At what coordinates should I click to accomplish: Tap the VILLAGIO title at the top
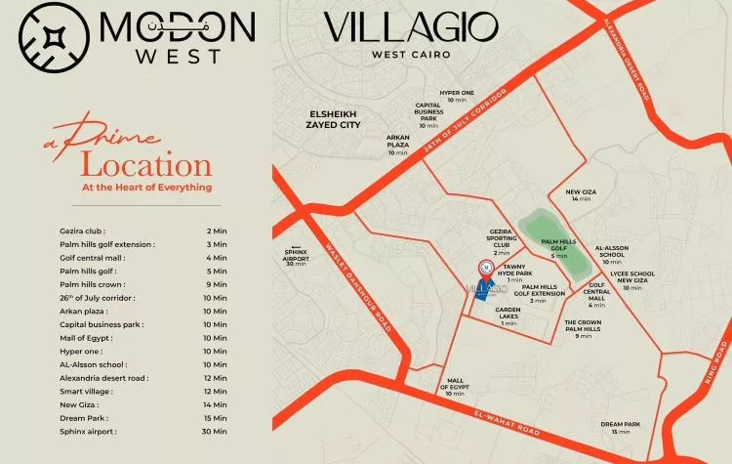click(x=410, y=26)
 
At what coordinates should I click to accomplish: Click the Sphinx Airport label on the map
click(x=296, y=255)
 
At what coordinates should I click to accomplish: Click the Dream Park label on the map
click(x=621, y=427)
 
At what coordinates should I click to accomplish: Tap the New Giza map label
click(x=581, y=194)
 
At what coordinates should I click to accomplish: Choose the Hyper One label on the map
click(x=457, y=96)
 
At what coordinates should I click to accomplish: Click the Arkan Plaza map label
click(x=397, y=145)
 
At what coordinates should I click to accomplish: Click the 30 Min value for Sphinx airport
click(x=214, y=431)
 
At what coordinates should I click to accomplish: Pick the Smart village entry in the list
click(x=87, y=391)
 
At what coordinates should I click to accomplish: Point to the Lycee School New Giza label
click(x=632, y=279)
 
